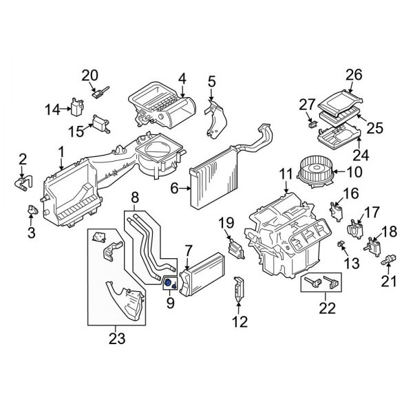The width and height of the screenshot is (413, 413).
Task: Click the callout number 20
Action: coord(90,75)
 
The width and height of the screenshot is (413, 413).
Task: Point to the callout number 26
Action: coord(354,74)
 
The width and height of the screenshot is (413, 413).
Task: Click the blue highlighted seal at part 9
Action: coord(169,283)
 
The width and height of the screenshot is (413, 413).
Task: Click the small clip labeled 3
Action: coord(31,211)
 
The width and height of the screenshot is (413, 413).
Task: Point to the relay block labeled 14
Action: coord(76,107)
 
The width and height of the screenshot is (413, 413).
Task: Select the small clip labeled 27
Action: coord(312,125)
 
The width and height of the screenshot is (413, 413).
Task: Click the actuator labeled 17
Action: coord(356,229)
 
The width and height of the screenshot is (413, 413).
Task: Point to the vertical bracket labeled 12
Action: coord(239,289)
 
